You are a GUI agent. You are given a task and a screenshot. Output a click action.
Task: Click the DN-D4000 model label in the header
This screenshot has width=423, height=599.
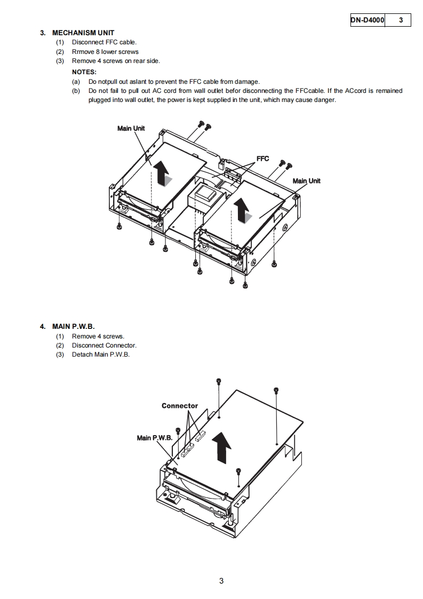[367, 20]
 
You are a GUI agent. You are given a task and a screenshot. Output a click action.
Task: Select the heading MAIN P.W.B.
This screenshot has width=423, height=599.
[73, 326]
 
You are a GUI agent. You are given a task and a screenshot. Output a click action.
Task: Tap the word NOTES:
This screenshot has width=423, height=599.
[84, 72]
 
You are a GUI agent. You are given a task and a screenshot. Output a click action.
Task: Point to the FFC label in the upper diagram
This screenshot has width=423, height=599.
[262, 159]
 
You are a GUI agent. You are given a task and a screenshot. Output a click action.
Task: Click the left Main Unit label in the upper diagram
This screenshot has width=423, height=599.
[131, 128]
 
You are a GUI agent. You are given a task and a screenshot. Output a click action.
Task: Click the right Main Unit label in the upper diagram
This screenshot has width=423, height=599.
[306, 181]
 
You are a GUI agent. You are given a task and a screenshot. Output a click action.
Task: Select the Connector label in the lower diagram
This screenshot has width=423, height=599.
[180, 406]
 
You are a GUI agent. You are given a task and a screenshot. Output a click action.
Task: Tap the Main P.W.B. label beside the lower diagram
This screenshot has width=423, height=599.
[155, 438]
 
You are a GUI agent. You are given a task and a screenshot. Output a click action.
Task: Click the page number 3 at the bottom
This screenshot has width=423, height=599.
[221, 581]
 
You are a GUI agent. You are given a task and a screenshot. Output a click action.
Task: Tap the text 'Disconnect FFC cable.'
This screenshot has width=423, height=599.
[104, 42]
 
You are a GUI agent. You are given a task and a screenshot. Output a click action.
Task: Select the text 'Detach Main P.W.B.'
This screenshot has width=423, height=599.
[101, 354]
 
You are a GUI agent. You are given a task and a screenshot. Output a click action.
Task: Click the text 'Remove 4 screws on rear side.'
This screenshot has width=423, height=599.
[116, 61]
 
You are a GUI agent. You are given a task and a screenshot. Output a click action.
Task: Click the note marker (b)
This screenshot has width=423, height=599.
[76, 91]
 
